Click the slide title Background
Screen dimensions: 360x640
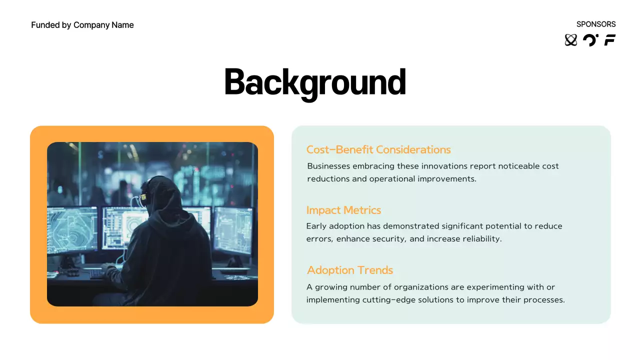314,81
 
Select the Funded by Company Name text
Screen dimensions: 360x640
82,25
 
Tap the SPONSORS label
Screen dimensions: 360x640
596,24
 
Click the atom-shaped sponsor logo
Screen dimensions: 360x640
570,40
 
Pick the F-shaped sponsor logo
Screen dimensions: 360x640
610,40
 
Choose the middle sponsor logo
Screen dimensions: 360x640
590,40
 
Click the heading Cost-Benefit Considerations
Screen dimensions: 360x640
378,149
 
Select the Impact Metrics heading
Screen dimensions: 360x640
343,210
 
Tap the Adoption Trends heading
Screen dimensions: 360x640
350,270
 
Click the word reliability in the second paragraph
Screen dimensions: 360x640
480,239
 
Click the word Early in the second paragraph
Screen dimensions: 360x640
317,226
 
